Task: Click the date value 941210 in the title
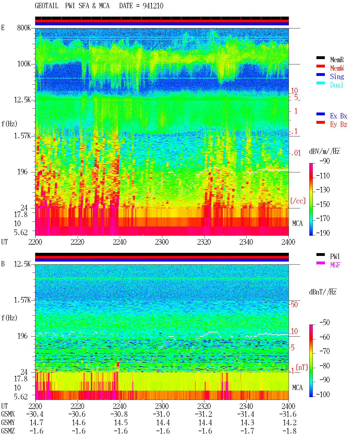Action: click(153, 6)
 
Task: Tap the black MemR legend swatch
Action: click(320, 58)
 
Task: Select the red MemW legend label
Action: click(337, 68)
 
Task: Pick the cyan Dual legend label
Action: click(336, 85)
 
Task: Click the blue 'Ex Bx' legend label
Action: click(339, 116)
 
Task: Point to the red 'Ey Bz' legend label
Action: click(339, 125)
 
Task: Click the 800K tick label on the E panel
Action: click(24, 28)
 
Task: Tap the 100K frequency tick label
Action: click(24, 64)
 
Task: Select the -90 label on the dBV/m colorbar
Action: click(325, 161)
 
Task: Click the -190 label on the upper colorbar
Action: click(323, 233)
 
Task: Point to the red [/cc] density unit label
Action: click(298, 201)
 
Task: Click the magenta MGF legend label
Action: click(335, 265)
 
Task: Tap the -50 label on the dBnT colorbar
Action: click(325, 323)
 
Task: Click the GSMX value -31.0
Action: click(161, 414)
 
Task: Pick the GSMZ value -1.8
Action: click(289, 431)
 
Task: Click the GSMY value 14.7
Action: click(37, 423)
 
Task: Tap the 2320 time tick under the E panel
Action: click(204, 242)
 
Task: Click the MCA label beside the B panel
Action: click(297, 388)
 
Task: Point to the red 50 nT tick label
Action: click(294, 305)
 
